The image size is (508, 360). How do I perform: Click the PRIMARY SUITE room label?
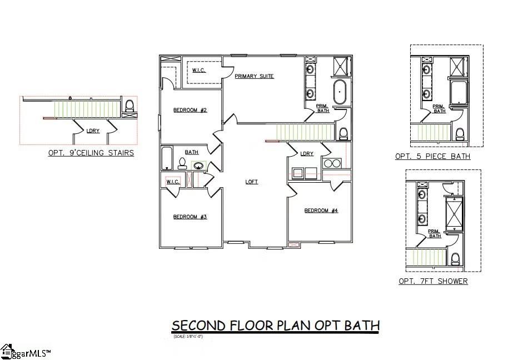[254, 76]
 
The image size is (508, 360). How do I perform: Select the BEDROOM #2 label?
[190, 110]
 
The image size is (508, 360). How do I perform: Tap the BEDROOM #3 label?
[190, 217]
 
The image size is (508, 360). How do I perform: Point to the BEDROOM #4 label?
[321, 211]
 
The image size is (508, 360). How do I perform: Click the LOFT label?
[252, 182]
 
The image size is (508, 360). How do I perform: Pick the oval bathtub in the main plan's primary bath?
[340, 92]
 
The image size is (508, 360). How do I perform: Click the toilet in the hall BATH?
[181, 162]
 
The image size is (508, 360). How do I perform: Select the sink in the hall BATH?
[198, 165]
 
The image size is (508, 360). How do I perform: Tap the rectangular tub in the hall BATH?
[167, 158]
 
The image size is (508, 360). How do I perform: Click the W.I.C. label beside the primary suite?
[199, 70]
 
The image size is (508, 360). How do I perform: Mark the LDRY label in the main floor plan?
[307, 154]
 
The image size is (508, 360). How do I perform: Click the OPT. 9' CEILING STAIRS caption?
[91, 153]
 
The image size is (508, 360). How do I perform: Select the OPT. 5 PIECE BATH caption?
[432, 156]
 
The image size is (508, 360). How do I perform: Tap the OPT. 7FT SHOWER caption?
[433, 281]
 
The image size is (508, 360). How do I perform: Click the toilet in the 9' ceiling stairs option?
[130, 106]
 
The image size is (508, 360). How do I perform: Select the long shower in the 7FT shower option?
[455, 213]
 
